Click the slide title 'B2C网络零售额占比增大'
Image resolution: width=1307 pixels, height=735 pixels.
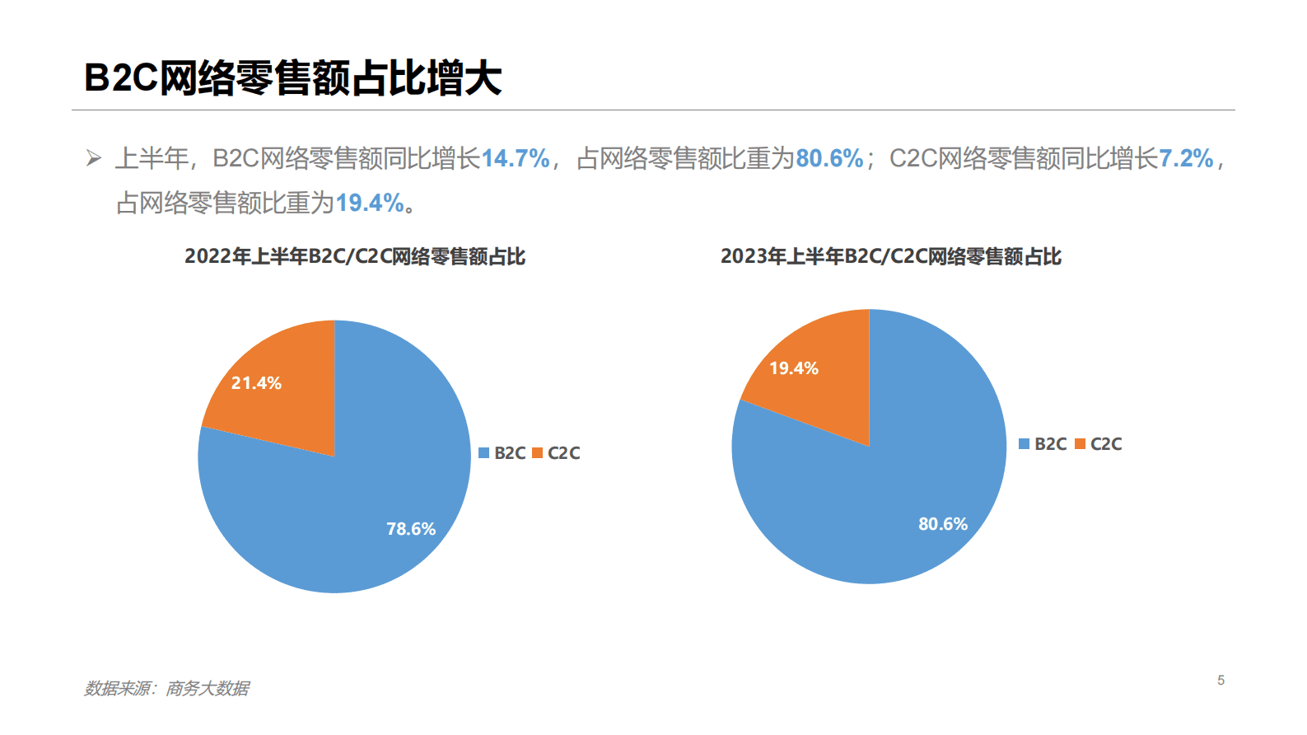[292, 78]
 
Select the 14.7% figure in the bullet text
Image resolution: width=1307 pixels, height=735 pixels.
[515, 158]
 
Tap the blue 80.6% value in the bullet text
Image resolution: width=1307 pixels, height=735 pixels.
[829, 158]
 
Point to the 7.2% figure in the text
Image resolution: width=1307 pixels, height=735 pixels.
[1185, 158]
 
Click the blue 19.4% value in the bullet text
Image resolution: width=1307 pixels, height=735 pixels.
[370, 203]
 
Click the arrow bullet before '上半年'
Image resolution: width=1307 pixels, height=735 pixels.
[94, 158]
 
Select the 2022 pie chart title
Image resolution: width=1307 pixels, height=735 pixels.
[355, 256]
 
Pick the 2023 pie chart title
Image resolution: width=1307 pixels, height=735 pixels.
[891, 256]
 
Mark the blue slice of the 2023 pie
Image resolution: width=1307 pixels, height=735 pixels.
[889, 511]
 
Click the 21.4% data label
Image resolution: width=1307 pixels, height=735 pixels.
[256, 383]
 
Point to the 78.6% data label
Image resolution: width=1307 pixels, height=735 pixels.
[411, 529]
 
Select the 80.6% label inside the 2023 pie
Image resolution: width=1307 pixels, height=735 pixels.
[943, 524]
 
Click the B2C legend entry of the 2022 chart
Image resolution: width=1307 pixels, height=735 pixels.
[502, 453]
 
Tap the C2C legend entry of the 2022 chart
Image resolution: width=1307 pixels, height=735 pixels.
[557, 453]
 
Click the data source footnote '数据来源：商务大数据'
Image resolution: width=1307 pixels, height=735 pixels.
[166, 688]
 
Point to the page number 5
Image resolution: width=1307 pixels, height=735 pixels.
[1221, 680]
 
